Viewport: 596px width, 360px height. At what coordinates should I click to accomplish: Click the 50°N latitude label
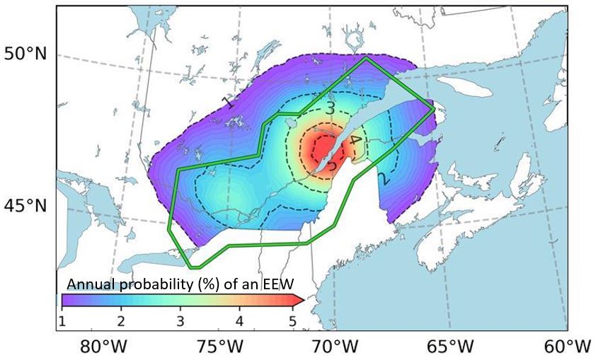[x=25, y=54]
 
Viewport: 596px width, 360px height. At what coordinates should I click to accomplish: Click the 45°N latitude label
[x=25, y=207]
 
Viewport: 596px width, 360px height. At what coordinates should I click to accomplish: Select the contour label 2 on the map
[x=383, y=178]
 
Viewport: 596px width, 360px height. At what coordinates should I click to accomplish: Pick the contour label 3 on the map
[x=330, y=108]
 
